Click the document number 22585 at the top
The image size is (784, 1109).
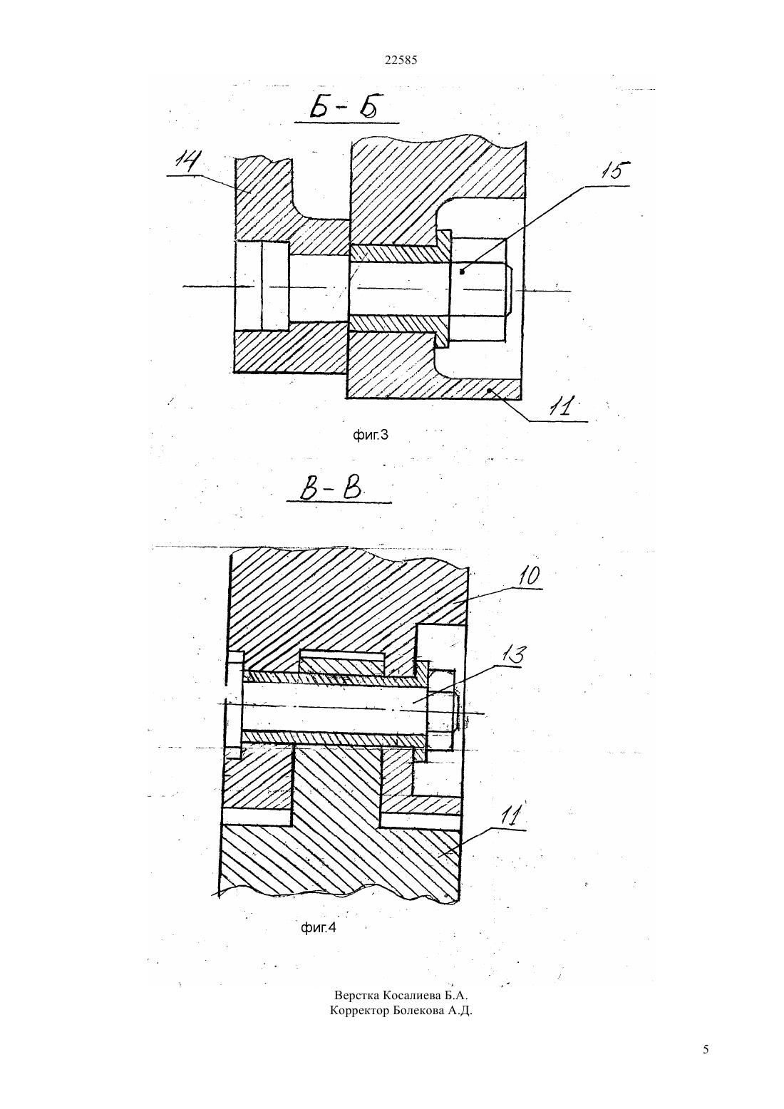tap(401, 60)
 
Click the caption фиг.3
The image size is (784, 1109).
tap(370, 435)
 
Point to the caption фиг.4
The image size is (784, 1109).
tap(319, 927)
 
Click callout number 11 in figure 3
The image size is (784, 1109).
tap(562, 407)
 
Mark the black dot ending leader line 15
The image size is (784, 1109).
tap(462, 272)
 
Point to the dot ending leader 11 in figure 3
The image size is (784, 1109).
tap(490, 391)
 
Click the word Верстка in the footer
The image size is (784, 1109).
tap(356, 995)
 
